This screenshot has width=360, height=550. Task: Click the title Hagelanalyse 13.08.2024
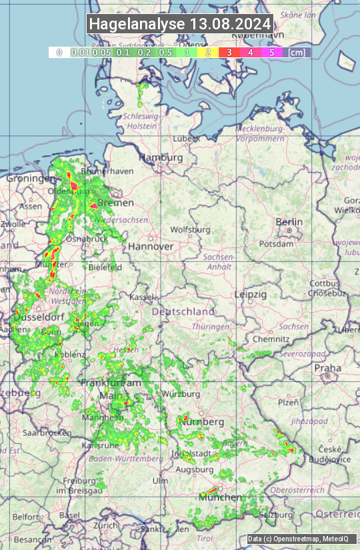[180, 24]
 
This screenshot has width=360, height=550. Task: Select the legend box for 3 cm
[229, 52]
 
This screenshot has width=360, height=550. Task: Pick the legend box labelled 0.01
[80, 52]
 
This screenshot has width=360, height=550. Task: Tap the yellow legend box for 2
[208, 52]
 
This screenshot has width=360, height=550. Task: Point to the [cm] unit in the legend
[297, 52]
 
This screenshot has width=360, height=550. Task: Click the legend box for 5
[271, 52]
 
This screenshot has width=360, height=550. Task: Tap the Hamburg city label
[161, 157]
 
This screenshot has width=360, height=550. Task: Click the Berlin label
[289, 222]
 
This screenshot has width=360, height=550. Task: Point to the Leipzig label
[251, 294]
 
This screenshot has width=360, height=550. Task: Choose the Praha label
[327, 368]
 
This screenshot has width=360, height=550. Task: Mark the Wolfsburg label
[190, 230]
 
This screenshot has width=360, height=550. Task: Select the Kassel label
[141, 296]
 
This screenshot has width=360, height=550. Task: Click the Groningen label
[31, 179]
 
